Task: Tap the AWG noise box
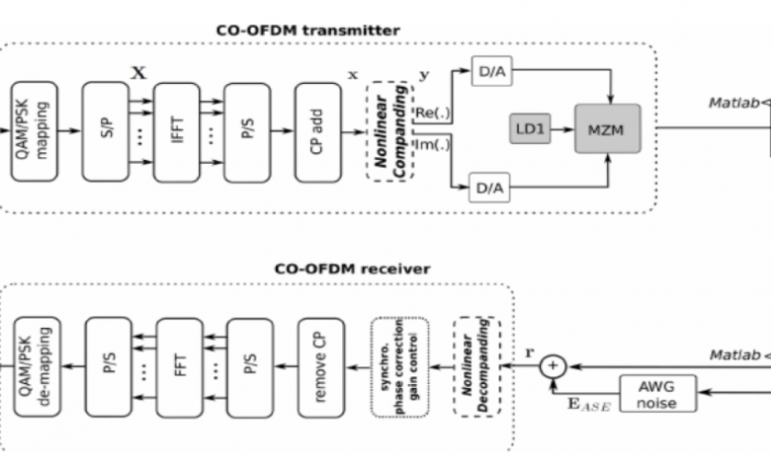tap(654, 393)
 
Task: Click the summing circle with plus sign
tap(553, 366)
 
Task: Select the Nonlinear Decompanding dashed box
tap(477, 366)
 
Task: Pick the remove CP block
tap(320, 366)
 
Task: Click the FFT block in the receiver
tap(179, 366)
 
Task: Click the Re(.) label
tap(433, 114)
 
